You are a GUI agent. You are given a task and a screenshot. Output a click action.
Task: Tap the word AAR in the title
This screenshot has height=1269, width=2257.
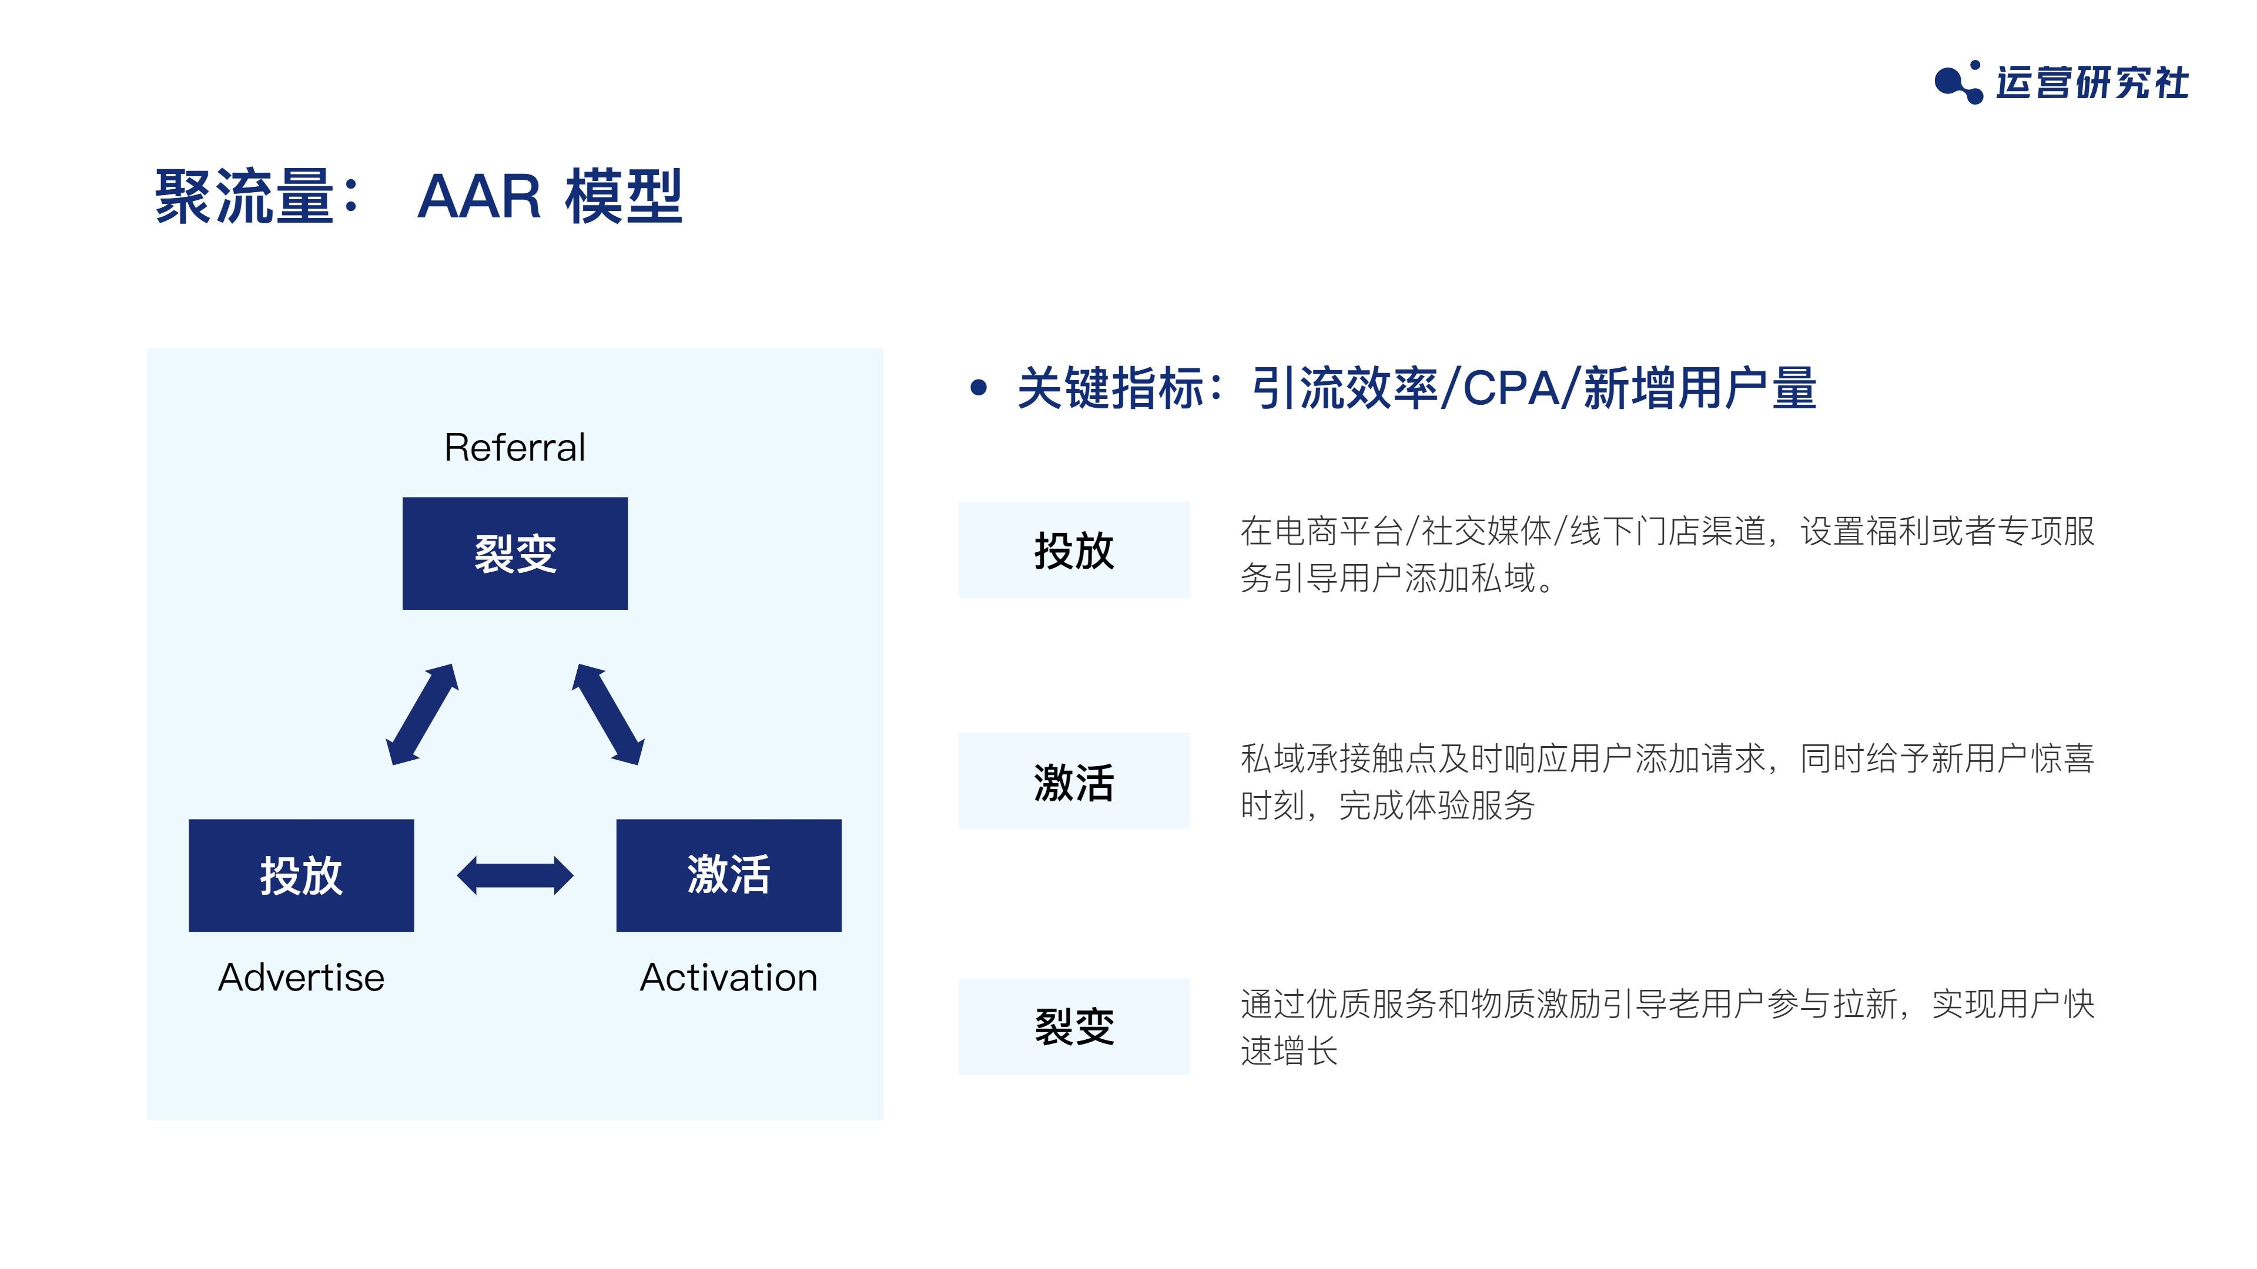coord(478,196)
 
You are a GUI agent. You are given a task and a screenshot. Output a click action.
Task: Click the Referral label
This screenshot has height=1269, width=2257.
coord(514,448)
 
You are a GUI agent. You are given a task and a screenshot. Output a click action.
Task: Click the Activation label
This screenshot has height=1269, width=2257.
coord(729,978)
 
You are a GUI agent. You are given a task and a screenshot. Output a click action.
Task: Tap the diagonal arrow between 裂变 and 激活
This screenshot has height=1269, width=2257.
coord(608,714)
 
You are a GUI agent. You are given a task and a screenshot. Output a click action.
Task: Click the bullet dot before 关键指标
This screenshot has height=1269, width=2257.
coord(979,388)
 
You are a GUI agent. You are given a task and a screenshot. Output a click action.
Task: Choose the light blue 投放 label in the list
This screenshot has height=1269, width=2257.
coord(1074,550)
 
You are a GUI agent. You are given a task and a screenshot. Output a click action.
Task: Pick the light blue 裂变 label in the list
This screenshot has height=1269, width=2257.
coord(1074,1026)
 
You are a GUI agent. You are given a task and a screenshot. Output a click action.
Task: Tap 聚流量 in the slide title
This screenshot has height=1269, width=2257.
coord(245,196)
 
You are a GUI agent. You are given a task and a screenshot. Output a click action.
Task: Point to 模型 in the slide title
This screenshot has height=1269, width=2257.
coord(624,196)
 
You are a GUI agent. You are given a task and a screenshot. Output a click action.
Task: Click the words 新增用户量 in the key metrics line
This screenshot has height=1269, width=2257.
coord(1700,388)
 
